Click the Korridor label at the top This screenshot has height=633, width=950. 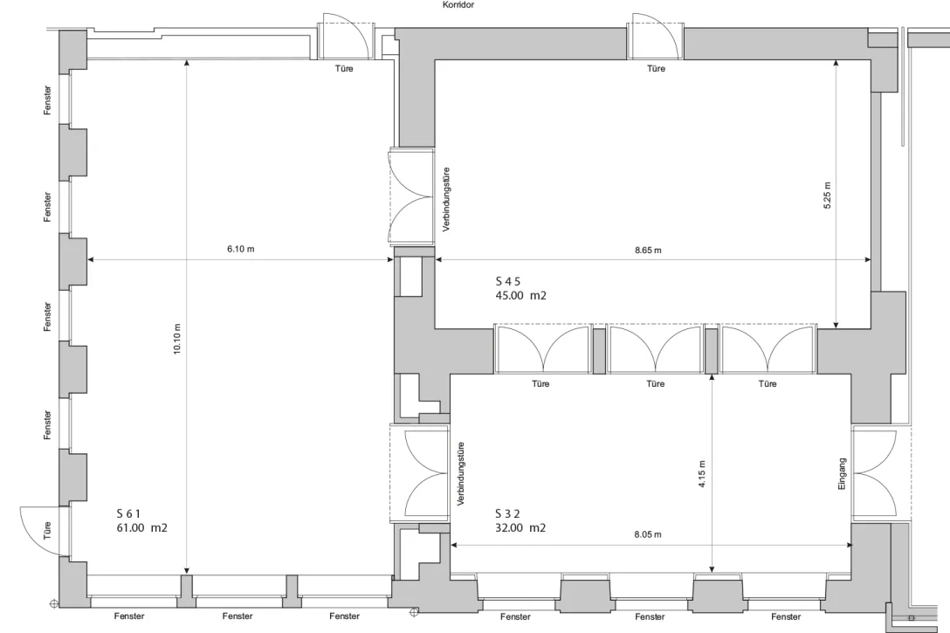(x=459, y=5)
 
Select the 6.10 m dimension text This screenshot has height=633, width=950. (x=240, y=250)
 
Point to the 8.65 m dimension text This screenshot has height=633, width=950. (x=648, y=251)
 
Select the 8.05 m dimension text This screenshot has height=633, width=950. (x=648, y=534)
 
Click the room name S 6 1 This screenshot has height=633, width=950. (x=128, y=513)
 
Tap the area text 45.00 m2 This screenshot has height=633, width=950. (x=520, y=296)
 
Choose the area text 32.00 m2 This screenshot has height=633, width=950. (x=520, y=528)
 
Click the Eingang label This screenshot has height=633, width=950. (x=843, y=474)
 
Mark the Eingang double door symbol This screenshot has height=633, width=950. (x=876, y=474)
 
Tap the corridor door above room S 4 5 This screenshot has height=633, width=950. (x=655, y=39)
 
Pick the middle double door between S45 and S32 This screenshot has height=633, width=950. (x=655, y=349)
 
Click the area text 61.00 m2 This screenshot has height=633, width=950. (x=142, y=528)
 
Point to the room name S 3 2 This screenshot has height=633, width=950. (x=507, y=513)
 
